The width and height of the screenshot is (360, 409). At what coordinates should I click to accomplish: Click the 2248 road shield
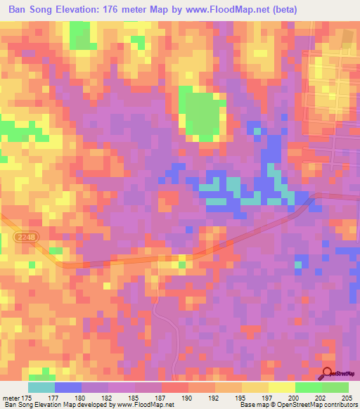pos(25,239)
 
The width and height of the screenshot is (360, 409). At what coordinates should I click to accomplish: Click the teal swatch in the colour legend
pos(41,387)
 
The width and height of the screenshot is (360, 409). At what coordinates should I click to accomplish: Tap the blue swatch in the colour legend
pos(68,387)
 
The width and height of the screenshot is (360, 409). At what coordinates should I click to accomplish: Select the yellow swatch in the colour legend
pos(282,387)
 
